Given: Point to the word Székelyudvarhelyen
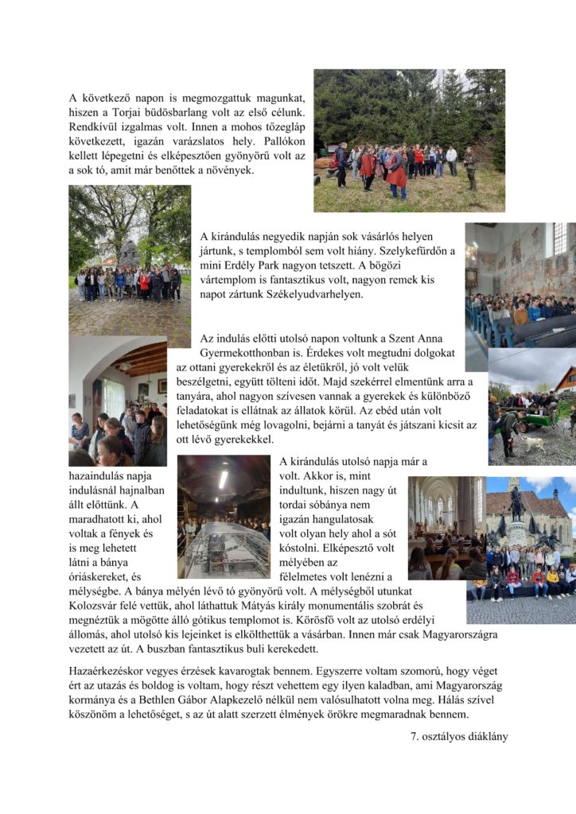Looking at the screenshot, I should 317,294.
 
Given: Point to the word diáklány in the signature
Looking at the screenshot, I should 483,736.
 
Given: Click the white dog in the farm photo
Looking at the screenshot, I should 527,440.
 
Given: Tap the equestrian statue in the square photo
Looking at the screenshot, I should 517,515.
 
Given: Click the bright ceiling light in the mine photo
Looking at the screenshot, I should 224,479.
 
